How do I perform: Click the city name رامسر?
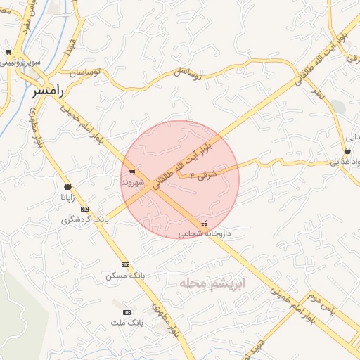(x=47, y=91)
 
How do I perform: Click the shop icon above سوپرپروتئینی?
(x=8, y=52)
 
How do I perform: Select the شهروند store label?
(x=132, y=183)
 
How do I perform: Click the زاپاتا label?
(x=67, y=198)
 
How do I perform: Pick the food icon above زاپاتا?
(x=67, y=186)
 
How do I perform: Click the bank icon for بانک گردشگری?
(x=84, y=209)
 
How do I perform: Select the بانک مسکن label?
(x=125, y=276)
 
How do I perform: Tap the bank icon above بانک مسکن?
(x=125, y=264)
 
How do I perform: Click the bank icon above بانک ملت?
(x=127, y=311)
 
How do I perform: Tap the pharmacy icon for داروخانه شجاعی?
(x=204, y=223)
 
